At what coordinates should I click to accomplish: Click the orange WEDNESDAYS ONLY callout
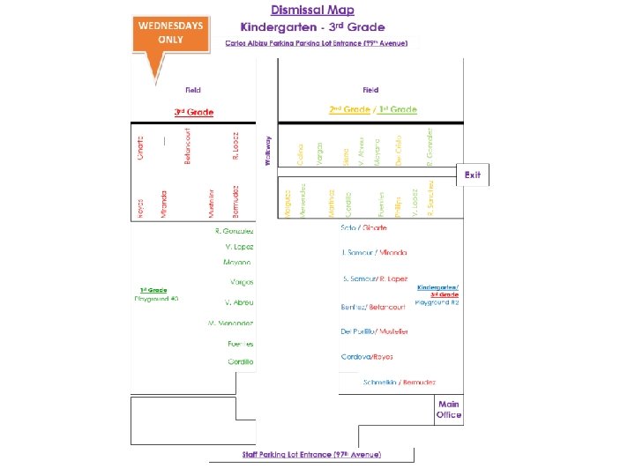click(169, 35)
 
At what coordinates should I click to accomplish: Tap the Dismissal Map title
click(312, 11)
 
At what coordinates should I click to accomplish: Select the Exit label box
click(473, 175)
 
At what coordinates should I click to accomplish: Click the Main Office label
click(448, 409)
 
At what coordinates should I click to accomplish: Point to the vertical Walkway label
click(268, 150)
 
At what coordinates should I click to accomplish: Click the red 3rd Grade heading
click(193, 112)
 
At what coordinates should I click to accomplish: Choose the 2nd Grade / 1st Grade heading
click(373, 109)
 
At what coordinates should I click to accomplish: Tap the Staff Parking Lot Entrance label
click(311, 454)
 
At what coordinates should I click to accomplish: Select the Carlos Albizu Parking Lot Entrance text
click(321, 42)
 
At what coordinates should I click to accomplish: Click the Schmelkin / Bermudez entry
click(400, 382)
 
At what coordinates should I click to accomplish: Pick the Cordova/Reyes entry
click(367, 357)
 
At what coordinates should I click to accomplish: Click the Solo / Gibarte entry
click(363, 227)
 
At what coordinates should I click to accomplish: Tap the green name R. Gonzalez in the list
click(234, 230)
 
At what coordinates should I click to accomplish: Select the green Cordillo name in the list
click(241, 361)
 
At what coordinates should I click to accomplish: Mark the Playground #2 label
click(437, 302)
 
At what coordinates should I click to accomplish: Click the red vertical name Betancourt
click(187, 145)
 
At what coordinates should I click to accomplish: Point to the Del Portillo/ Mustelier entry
click(374, 331)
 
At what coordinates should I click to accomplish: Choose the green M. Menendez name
click(230, 324)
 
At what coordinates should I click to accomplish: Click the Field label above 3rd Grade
click(192, 90)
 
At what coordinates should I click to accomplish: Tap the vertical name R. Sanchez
click(430, 198)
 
